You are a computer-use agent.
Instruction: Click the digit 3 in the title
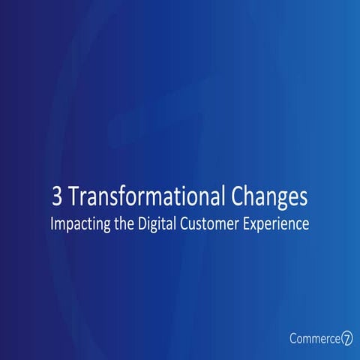(57, 198)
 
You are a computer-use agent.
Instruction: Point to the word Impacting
(79, 224)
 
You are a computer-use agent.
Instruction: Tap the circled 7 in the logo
(347, 338)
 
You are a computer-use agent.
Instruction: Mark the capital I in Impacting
(52, 223)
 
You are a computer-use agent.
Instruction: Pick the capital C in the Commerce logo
(293, 338)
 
